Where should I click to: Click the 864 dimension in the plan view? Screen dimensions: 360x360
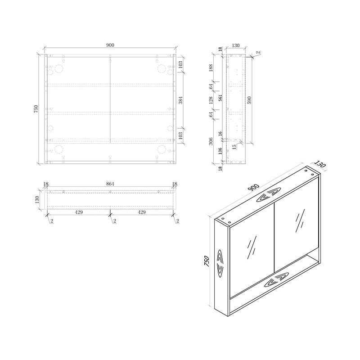110,184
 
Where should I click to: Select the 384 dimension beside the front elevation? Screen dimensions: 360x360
180,100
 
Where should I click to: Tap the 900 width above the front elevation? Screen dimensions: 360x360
110,45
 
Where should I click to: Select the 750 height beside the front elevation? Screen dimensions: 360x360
36,109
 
